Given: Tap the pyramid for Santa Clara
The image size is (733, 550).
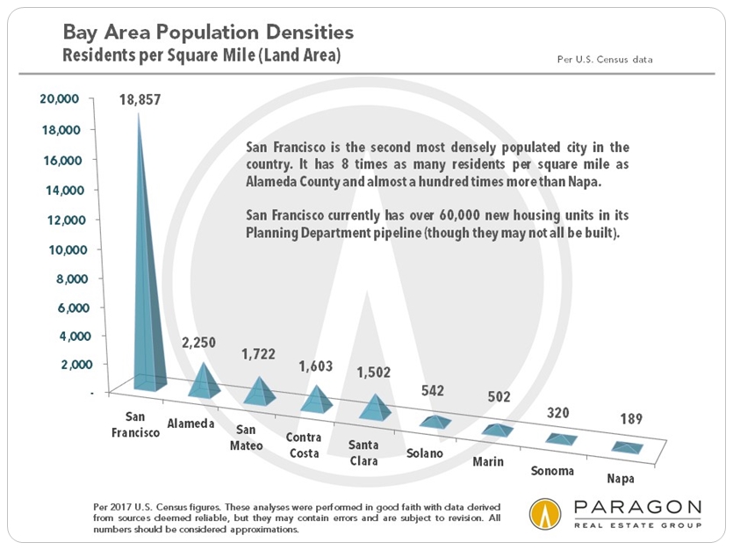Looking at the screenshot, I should [x=376, y=408].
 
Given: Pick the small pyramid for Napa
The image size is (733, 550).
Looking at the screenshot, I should [x=627, y=448].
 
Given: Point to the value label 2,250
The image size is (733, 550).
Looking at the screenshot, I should [x=198, y=342].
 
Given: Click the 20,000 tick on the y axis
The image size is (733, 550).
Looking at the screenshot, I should [x=61, y=100].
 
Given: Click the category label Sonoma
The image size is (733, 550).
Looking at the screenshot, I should [x=551, y=471].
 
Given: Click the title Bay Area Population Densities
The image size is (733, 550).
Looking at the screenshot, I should [x=208, y=33].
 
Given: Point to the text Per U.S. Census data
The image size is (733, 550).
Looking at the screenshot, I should [x=606, y=60].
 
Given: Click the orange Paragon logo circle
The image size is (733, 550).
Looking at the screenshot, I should [x=545, y=515].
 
